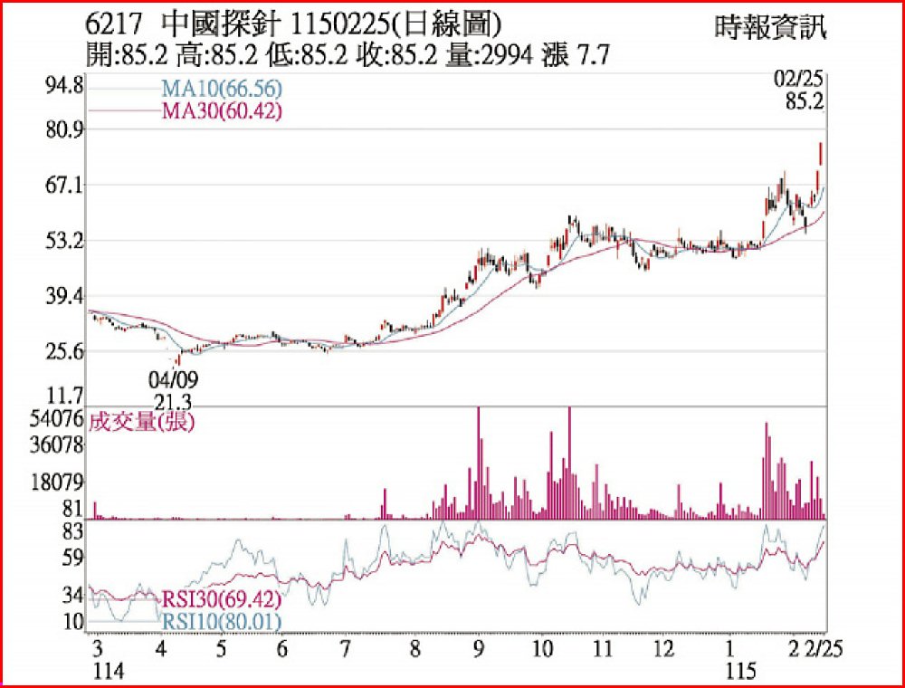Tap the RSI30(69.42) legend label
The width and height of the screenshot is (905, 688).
(222, 599)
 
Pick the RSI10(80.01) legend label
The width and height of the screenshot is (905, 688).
(222, 621)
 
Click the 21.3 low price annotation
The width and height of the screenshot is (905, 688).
(172, 400)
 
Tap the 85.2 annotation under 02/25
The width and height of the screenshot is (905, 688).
(804, 103)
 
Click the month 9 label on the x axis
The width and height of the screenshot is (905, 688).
(478, 649)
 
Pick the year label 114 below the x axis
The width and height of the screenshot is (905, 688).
(109, 671)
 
